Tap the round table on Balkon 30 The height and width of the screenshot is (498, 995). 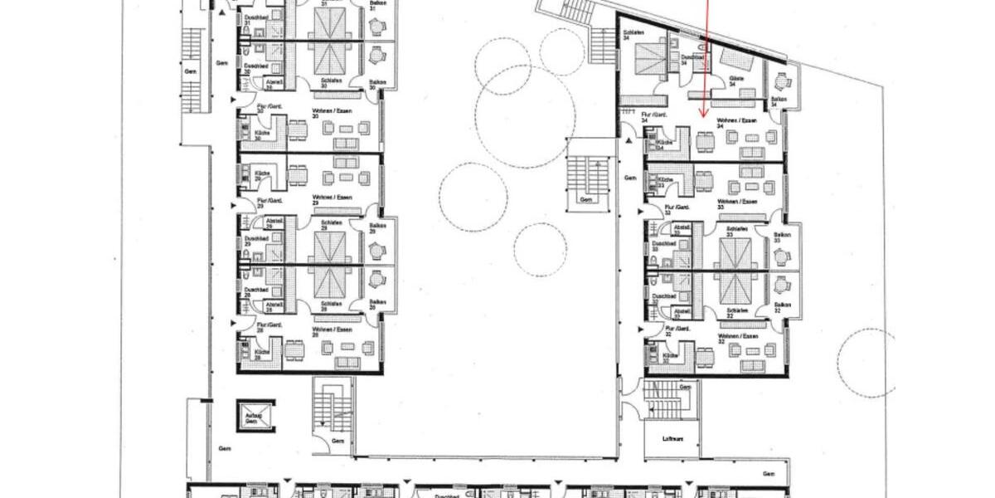(378, 55)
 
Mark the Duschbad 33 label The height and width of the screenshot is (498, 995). (661, 245)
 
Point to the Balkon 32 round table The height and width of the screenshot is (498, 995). (780, 285)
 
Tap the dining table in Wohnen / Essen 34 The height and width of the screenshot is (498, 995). (706, 142)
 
